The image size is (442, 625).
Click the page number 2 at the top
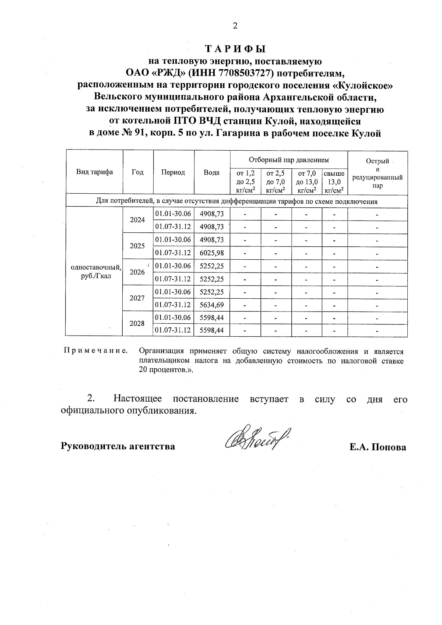(x=235, y=25)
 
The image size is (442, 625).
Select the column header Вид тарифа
(x=94, y=172)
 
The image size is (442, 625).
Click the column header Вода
(x=212, y=172)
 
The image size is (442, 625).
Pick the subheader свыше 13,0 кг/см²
(x=334, y=182)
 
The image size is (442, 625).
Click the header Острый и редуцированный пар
(x=378, y=173)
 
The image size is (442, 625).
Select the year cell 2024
(x=137, y=220)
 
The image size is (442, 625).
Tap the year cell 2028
(x=137, y=323)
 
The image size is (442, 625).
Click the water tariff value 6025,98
(x=212, y=253)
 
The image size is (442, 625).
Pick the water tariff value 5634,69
(x=212, y=305)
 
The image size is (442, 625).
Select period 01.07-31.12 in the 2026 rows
(x=173, y=279)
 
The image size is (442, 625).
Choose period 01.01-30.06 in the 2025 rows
(x=173, y=240)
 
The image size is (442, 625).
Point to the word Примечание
(x=96, y=351)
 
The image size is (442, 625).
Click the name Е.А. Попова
(x=378, y=447)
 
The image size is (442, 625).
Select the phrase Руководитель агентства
(x=117, y=446)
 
